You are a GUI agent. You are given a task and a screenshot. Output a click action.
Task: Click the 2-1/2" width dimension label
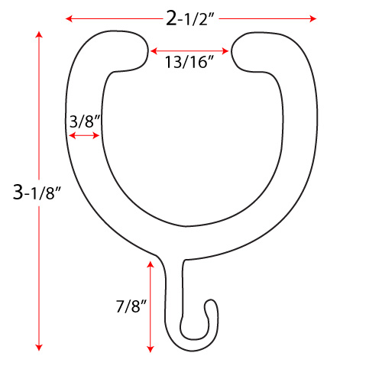click(x=190, y=18)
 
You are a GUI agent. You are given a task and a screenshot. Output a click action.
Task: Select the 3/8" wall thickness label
click(x=85, y=121)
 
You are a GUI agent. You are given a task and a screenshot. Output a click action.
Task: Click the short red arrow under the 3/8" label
click(x=84, y=136)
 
